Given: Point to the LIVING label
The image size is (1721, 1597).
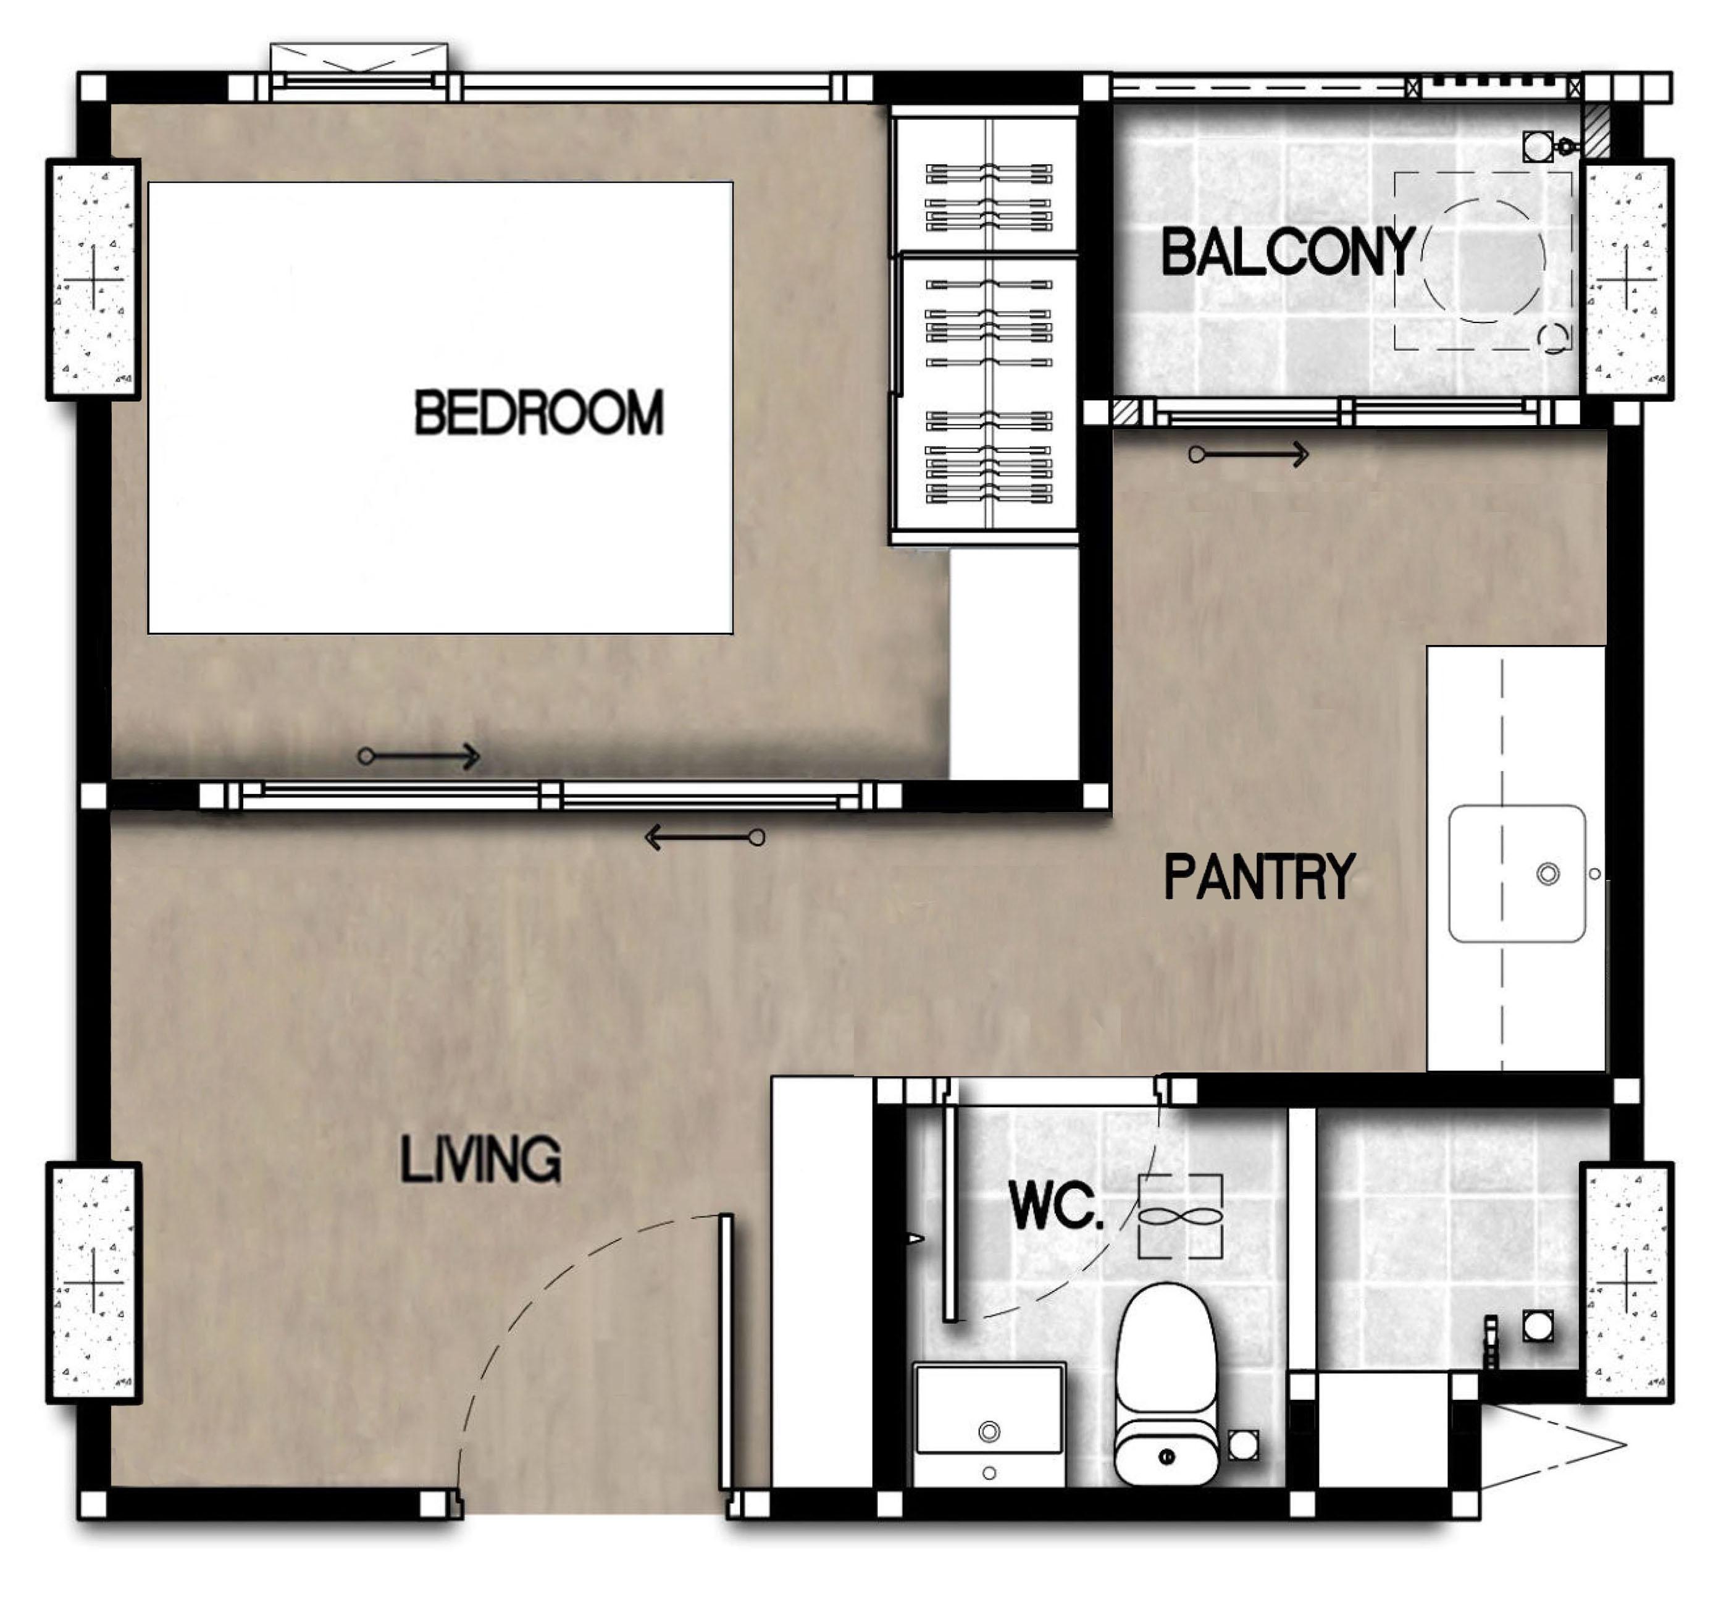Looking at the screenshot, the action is (x=480, y=1159).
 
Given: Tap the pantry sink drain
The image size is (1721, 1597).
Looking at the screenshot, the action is (x=1547, y=874).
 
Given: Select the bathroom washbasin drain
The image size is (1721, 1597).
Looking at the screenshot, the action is (x=989, y=1432).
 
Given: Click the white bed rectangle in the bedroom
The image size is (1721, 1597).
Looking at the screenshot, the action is (x=441, y=408).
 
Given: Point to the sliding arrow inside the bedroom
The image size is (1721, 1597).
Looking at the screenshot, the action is (x=419, y=757).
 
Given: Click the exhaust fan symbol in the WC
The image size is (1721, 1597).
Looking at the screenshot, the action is (x=1180, y=1216).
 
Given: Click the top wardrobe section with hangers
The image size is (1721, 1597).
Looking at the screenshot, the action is (x=985, y=184).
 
